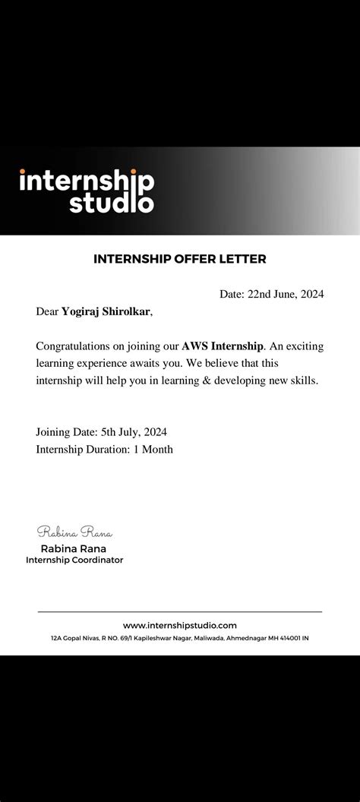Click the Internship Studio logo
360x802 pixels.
pyautogui.click(x=87, y=191)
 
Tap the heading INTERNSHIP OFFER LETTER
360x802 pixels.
pyautogui.click(x=180, y=259)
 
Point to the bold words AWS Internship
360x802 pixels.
pyautogui.click(x=222, y=346)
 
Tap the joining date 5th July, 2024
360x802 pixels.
pyautogui.click(x=134, y=432)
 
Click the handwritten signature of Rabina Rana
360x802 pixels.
pyautogui.click(x=74, y=532)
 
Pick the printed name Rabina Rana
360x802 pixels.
pyautogui.click(x=74, y=548)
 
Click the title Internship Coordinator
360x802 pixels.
pyautogui.click(x=74, y=560)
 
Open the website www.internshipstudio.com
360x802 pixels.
pyautogui.click(x=180, y=625)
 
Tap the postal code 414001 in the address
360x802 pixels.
pyautogui.click(x=289, y=639)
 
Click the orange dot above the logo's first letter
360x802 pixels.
pyautogui.click(x=22, y=172)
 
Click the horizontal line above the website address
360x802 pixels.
pyautogui.click(x=180, y=611)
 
